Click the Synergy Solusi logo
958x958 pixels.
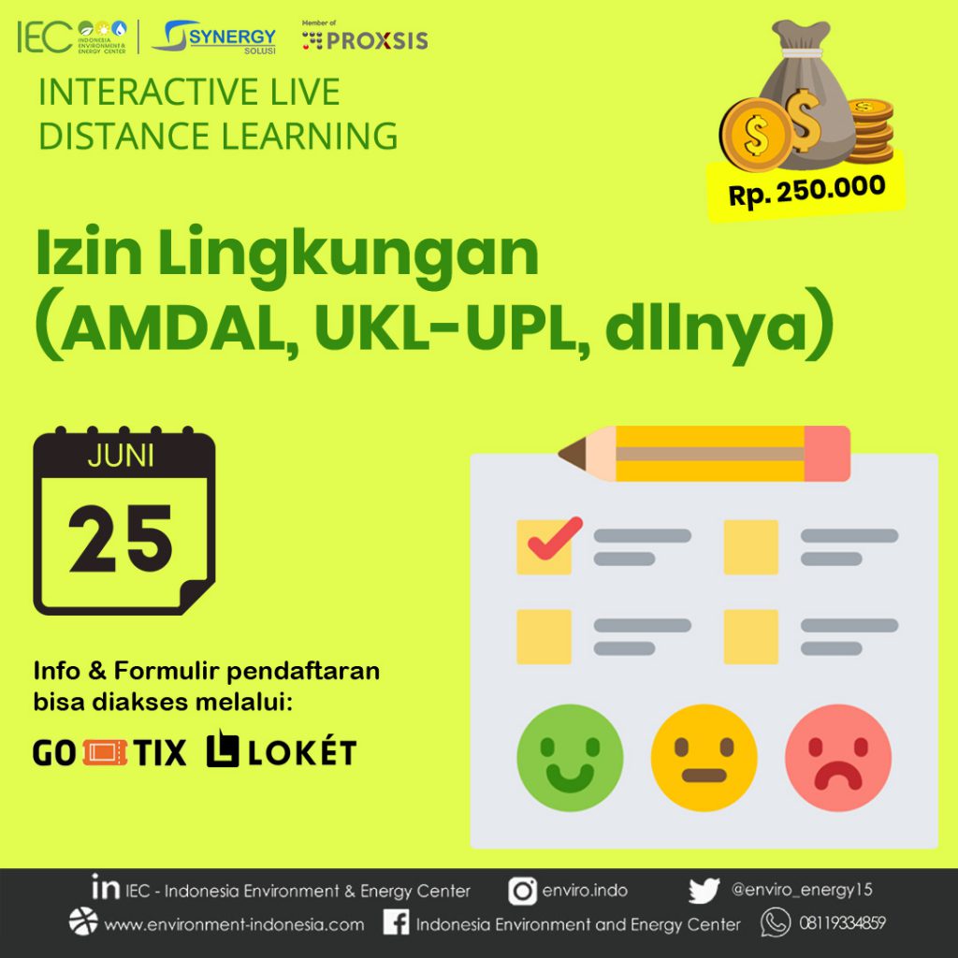tap(214, 37)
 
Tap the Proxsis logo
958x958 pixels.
tap(365, 36)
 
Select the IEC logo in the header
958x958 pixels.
tap(72, 37)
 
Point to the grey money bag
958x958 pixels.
tap(806, 97)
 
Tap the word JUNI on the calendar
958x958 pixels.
tap(121, 456)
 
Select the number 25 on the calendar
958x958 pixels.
tap(121, 539)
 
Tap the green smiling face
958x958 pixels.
tap(570, 758)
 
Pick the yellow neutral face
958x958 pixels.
tap(704, 758)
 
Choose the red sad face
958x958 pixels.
tap(838, 758)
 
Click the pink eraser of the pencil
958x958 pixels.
tap(827, 454)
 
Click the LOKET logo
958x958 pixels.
tap(282, 749)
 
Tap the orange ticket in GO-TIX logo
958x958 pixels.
tap(105, 753)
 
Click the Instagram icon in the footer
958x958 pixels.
tap(522, 892)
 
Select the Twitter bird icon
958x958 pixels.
tap(704, 891)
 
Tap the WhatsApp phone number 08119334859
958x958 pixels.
tap(843, 922)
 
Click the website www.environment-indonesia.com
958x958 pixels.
tap(234, 924)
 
